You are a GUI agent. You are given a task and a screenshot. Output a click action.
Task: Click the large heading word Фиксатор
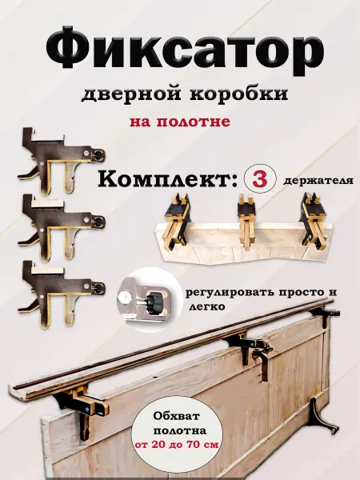point(185,48)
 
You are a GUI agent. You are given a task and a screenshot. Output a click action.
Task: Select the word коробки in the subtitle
point(239,93)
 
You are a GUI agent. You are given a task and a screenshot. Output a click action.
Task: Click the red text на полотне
point(180,122)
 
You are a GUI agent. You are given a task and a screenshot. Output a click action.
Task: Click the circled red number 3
point(260,179)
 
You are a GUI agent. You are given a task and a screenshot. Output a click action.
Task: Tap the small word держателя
point(318,181)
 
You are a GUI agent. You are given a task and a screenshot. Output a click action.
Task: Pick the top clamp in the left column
point(62,161)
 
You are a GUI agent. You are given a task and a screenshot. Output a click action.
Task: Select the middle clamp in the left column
point(62,228)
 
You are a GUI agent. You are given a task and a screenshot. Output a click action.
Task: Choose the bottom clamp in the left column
point(62,294)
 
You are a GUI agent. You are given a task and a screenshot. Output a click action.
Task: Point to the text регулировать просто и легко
point(261,298)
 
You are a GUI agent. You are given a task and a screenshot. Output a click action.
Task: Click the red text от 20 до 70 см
point(178,444)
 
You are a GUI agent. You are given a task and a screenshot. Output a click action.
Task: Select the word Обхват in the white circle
point(177,416)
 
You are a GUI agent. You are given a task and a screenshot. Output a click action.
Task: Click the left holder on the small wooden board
point(177,222)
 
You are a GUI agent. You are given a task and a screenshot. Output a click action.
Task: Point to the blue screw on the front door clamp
point(88,408)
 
